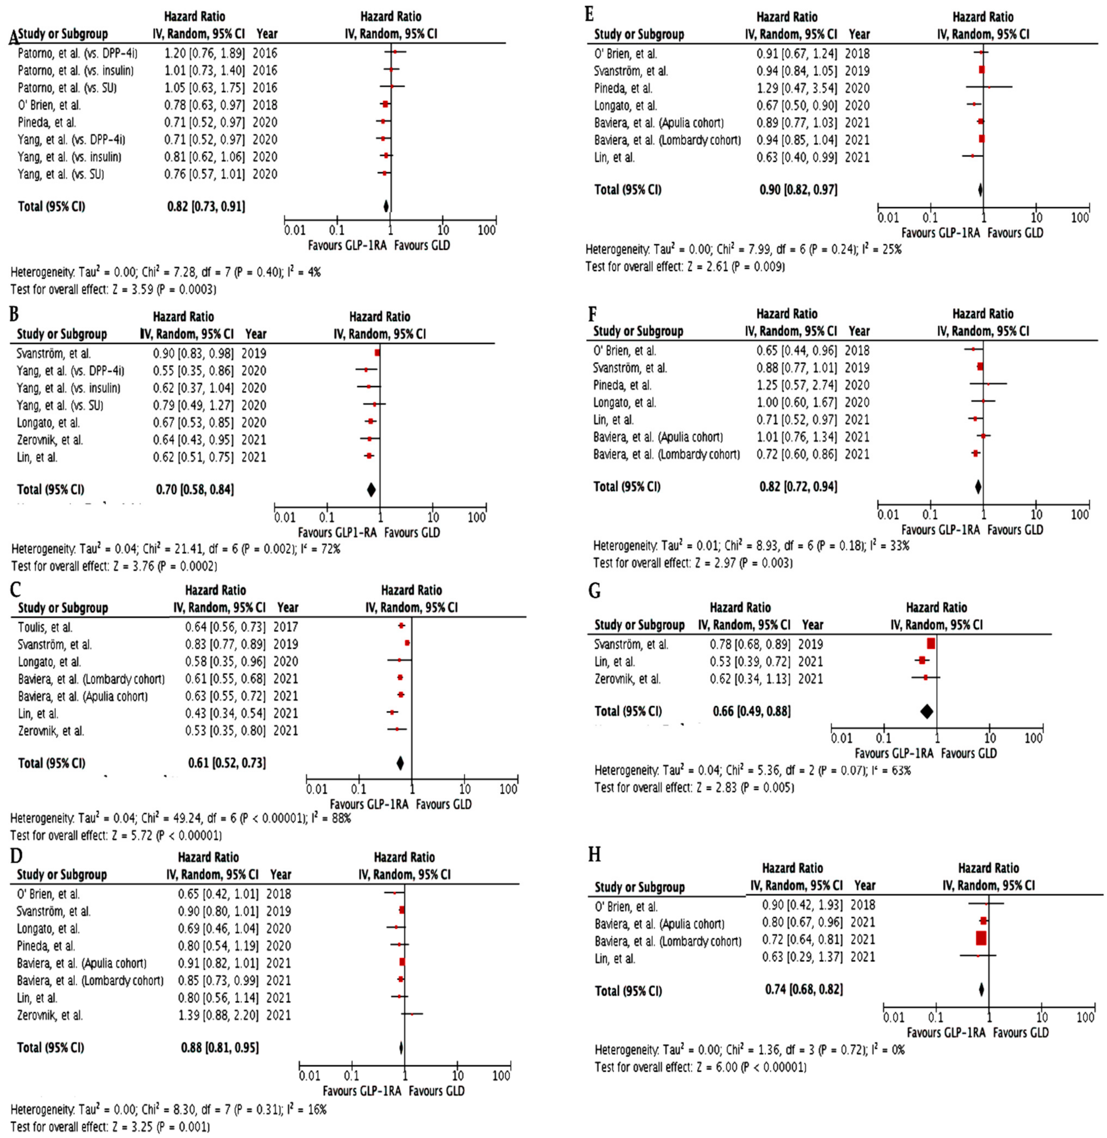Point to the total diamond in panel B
371,489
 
